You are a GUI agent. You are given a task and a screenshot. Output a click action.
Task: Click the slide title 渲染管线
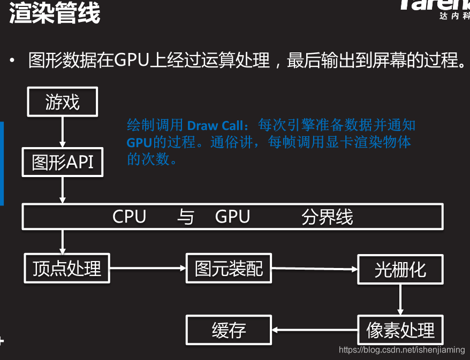tap(55, 13)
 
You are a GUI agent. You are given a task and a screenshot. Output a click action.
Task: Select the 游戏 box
tap(63, 102)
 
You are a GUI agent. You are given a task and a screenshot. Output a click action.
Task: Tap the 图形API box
tap(62, 162)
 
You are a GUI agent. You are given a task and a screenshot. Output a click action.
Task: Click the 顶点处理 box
tap(67, 268)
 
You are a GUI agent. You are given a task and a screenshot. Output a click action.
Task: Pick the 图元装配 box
tap(229, 268)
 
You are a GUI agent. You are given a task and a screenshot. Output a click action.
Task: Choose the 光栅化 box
tap(400, 269)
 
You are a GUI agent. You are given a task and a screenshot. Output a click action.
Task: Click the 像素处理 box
tap(400, 330)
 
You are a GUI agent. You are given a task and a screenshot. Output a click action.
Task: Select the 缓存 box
tap(229, 330)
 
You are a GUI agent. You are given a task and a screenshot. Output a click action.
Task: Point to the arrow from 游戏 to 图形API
tap(63, 132)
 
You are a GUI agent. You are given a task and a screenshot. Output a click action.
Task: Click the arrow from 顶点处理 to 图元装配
tap(147, 267)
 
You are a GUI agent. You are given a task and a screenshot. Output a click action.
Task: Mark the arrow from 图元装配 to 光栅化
tap(314, 269)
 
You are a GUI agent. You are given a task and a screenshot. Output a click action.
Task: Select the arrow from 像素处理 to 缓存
tap(314, 330)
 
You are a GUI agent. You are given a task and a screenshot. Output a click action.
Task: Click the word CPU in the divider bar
tap(129, 217)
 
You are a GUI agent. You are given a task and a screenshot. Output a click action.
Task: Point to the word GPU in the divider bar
tap(232, 217)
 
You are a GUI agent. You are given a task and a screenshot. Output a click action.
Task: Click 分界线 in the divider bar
tap(327, 217)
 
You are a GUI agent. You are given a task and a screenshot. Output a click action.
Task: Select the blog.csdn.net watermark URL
tap(402, 349)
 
